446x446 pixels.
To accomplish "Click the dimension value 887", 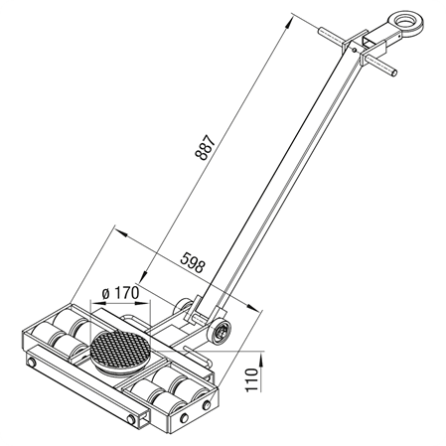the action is (206, 148).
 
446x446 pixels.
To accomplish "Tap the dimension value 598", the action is (193, 262).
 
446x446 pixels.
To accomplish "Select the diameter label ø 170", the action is (120, 293).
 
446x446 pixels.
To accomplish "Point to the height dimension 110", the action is (252, 379).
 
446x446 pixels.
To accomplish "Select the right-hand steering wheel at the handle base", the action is (219, 332).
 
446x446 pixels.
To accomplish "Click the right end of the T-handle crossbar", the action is (393, 72).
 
